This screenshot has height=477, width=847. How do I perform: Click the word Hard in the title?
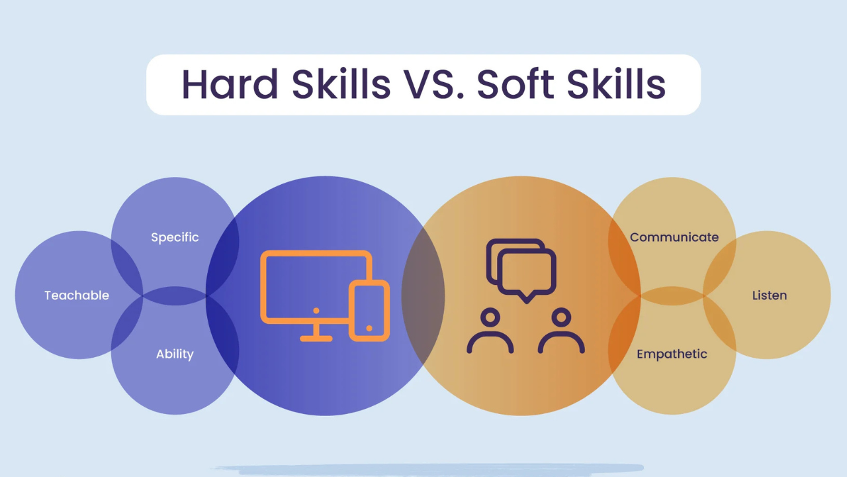(x=230, y=84)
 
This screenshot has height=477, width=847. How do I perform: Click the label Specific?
(x=175, y=238)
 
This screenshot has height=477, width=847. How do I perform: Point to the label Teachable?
(x=77, y=295)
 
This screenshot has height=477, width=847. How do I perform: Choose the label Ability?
(x=175, y=354)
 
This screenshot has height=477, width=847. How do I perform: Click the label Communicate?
(x=674, y=237)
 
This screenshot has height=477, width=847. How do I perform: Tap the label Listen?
(x=770, y=295)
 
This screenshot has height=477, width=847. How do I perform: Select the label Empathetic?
(x=672, y=354)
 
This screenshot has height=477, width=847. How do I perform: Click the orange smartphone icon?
(x=369, y=311)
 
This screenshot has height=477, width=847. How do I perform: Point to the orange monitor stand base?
(x=316, y=339)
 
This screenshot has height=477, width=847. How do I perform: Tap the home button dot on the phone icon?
(x=369, y=328)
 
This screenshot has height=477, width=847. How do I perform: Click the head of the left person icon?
(x=490, y=317)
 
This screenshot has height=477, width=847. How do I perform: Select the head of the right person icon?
(x=561, y=317)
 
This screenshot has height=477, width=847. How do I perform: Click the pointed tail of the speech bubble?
(x=526, y=298)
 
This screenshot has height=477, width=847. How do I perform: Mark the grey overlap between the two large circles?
(x=423, y=295)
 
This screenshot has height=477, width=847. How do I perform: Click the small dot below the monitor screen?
(x=316, y=311)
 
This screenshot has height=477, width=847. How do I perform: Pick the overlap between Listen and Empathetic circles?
(x=719, y=325)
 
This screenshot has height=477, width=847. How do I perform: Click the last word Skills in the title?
(x=616, y=84)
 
